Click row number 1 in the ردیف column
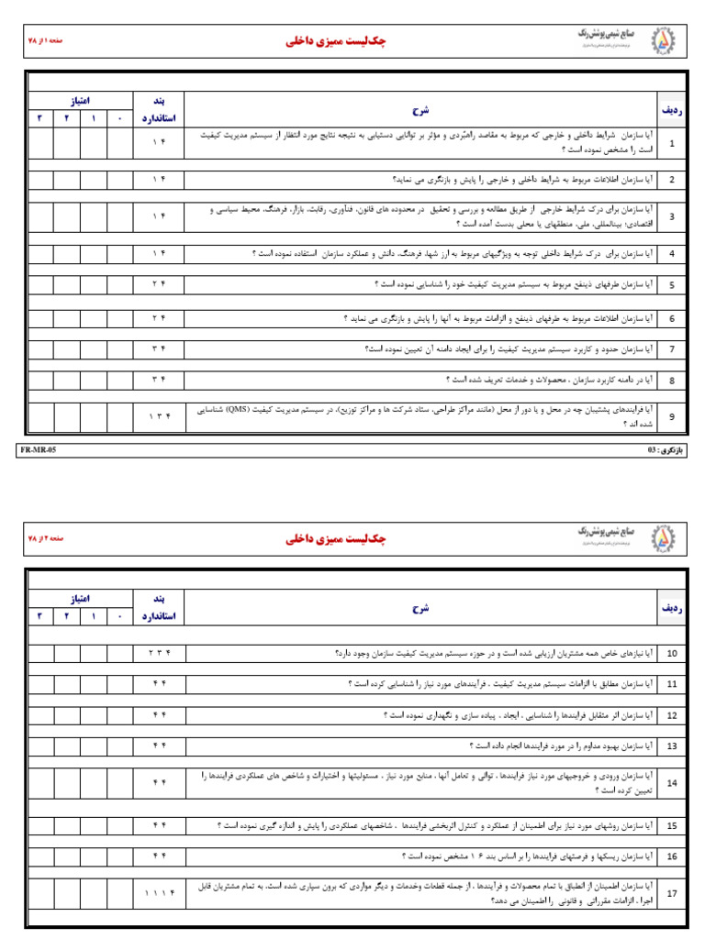click(671, 143)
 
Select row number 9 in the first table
click(671, 416)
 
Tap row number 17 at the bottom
click(672, 893)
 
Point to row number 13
click(672, 746)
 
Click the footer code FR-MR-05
click(38, 451)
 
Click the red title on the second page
click(336, 539)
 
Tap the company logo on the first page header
click(662, 41)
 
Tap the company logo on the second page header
click(662, 538)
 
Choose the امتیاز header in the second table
click(80, 597)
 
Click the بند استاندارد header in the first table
click(160, 108)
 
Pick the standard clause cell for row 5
click(160, 284)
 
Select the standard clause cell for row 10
click(160, 653)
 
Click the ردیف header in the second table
click(671, 607)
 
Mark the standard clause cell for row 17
click(160, 893)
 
